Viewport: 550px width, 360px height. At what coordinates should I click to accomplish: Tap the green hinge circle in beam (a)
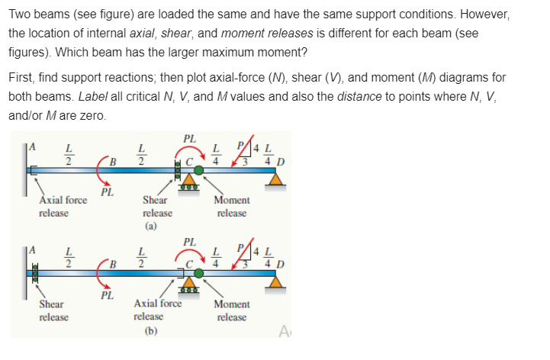pyautogui.click(x=199, y=171)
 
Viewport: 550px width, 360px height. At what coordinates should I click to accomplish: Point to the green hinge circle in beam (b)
pyautogui.click(x=199, y=272)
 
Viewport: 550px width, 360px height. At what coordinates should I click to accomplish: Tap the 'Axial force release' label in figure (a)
pyautogui.click(x=63, y=206)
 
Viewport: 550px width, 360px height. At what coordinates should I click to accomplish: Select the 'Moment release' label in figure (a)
pyautogui.click(x=231, y=206)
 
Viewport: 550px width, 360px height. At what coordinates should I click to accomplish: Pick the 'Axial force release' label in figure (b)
pyautogui.click(x=157, y=309)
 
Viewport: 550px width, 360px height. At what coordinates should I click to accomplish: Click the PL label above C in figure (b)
pyautogui.click(x=190, y=242)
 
